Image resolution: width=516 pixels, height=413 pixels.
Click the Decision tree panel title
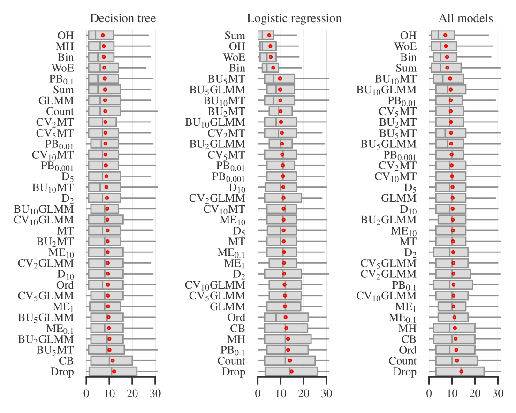click(123, 18)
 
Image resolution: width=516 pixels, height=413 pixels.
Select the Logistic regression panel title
click(294, 18)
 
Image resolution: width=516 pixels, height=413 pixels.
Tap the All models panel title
click(466, 18)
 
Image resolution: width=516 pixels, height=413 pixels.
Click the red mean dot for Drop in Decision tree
click(114, 371)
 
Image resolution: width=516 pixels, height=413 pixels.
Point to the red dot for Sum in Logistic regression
click(269, 35)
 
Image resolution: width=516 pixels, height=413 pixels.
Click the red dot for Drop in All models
click(461, 371)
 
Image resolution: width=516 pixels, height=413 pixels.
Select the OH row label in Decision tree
click(66, 35)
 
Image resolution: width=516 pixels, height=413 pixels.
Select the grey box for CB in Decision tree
click(112, 360)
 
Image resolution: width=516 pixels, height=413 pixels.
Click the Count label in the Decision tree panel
click(60, 111)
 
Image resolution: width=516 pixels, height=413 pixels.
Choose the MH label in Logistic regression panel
click(236, 339)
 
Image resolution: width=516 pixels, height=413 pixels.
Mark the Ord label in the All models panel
click(408, 350)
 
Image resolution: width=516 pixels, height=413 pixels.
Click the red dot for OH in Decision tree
click(103, 35)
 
